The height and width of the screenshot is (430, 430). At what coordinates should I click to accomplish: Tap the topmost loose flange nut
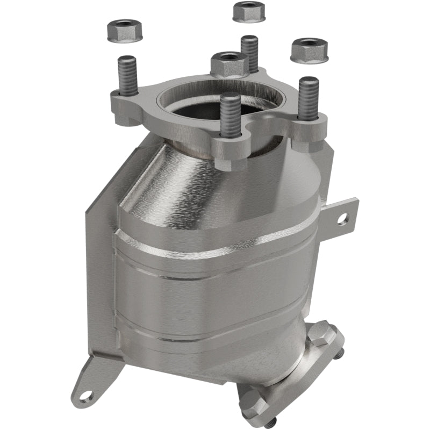tap(249, 12)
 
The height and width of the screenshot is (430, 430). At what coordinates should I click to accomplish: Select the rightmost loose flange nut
tap(310, 50)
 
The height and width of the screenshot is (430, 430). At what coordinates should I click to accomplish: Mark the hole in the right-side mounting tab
tap(340, 219)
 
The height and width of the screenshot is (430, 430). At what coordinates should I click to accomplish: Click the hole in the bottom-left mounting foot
tap(86, 396)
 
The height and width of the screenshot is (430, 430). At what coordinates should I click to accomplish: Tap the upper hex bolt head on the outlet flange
tap(320, 334)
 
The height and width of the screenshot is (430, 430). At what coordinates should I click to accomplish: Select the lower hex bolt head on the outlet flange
tap(253, 401)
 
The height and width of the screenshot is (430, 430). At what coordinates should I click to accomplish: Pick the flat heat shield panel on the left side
tap(99, 269)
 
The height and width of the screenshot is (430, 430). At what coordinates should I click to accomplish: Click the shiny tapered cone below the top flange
tap(215, 183)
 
